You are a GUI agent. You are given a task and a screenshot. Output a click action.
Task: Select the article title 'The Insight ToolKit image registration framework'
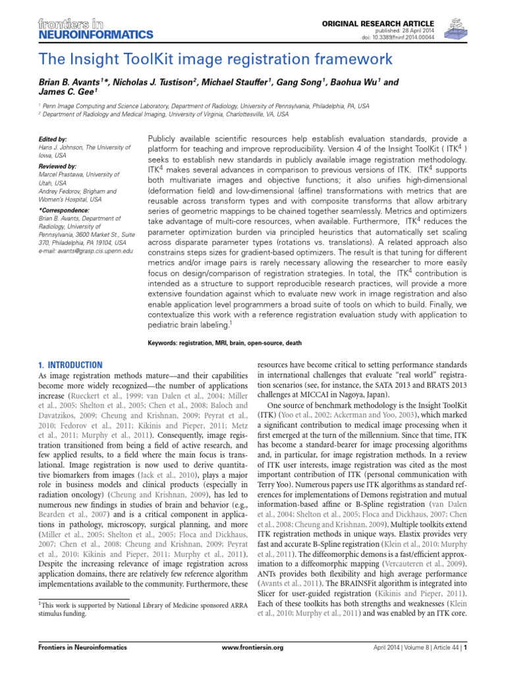click(x=215, y=60)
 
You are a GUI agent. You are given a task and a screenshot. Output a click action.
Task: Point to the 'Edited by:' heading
click(x=53, y=140)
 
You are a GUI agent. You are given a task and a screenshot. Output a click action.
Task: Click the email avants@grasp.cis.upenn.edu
click(x=91, y=251)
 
